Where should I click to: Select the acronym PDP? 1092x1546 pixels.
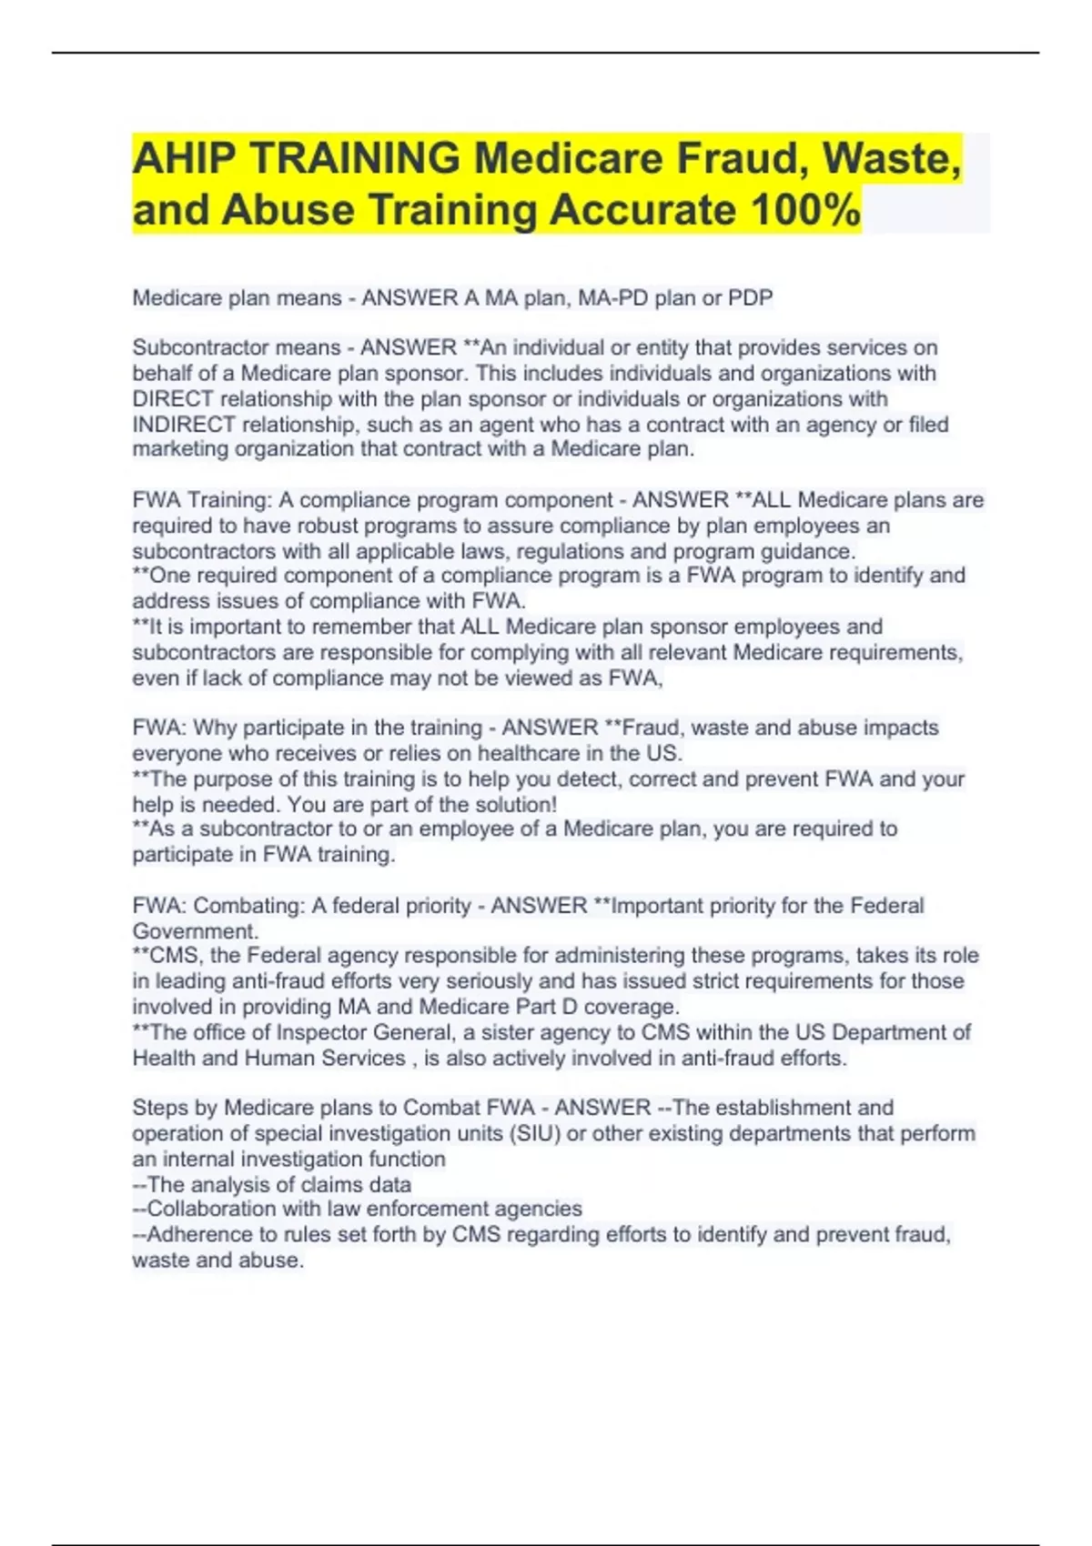750,297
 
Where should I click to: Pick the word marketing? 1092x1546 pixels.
181,449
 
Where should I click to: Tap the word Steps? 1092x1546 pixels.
161,1108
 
